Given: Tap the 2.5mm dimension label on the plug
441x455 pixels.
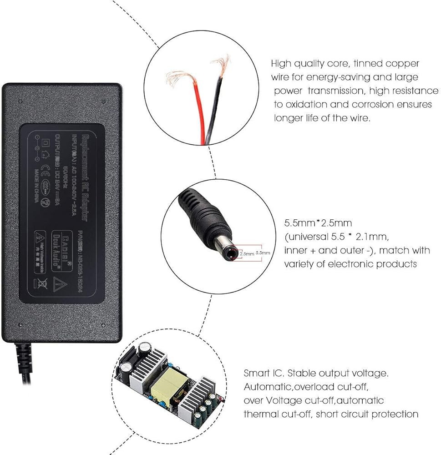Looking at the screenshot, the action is click(246, 254).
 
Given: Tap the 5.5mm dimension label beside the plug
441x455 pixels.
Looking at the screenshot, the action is click(263, 252).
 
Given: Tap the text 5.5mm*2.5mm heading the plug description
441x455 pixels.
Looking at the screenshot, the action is click(318, 223).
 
